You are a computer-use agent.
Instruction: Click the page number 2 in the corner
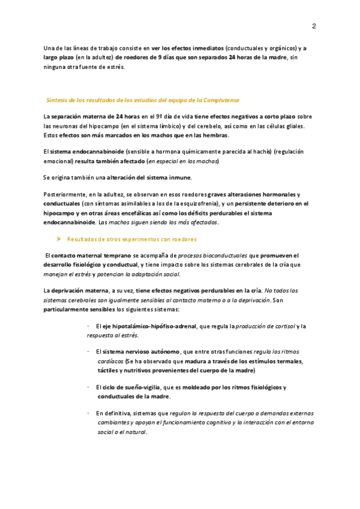point(314,26)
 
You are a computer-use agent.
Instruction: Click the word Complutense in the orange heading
point(221,100)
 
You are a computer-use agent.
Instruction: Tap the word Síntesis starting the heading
point(59,100)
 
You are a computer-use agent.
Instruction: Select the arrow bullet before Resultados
point(59,239)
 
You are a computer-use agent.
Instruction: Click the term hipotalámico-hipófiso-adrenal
point(154,326)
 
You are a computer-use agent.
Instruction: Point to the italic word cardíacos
point(110,362)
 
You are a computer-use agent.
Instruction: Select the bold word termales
point(289,361)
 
